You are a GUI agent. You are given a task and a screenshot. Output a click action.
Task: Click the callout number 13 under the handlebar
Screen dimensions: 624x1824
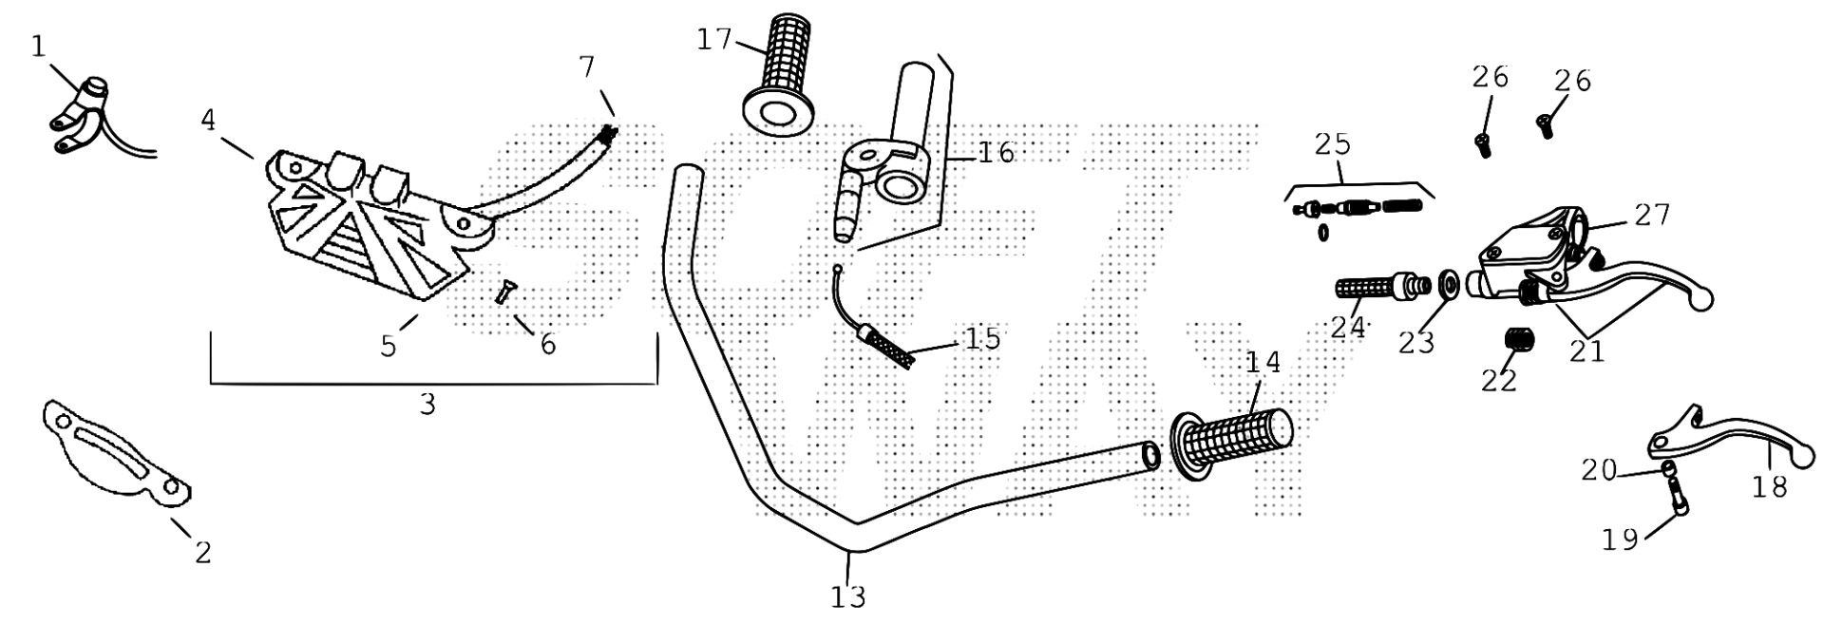847,596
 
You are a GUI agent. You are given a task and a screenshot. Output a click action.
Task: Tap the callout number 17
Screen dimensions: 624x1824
714,39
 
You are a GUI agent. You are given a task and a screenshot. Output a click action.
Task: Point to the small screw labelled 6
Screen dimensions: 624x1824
503,293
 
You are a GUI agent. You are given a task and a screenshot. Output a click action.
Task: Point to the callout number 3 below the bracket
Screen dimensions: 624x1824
427,404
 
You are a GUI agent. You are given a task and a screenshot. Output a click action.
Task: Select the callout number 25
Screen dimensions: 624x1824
1332,144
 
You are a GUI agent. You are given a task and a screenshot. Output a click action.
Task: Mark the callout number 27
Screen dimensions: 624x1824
1652,215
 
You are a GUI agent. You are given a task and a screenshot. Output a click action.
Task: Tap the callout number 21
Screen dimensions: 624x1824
1586,350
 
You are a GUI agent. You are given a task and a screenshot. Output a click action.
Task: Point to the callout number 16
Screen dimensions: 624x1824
996,152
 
